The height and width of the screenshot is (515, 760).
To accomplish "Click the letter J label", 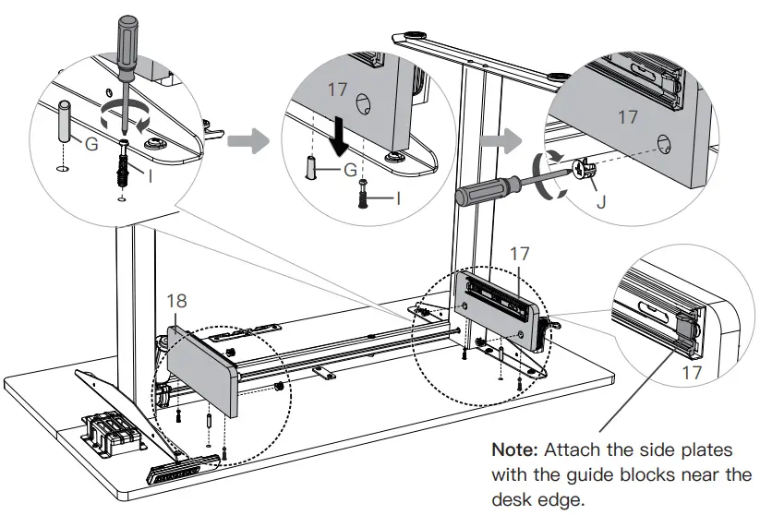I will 601,198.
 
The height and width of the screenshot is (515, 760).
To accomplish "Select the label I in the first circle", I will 149,174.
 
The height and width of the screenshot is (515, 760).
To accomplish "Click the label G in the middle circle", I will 349,171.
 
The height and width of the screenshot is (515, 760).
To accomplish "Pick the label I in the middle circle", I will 398,197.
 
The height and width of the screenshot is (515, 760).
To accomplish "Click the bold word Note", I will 515,450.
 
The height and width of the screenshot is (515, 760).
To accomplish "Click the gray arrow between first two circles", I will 245,140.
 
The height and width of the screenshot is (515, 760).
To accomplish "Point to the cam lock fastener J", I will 583,170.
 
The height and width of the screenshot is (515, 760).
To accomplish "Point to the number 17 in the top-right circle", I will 628,118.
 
